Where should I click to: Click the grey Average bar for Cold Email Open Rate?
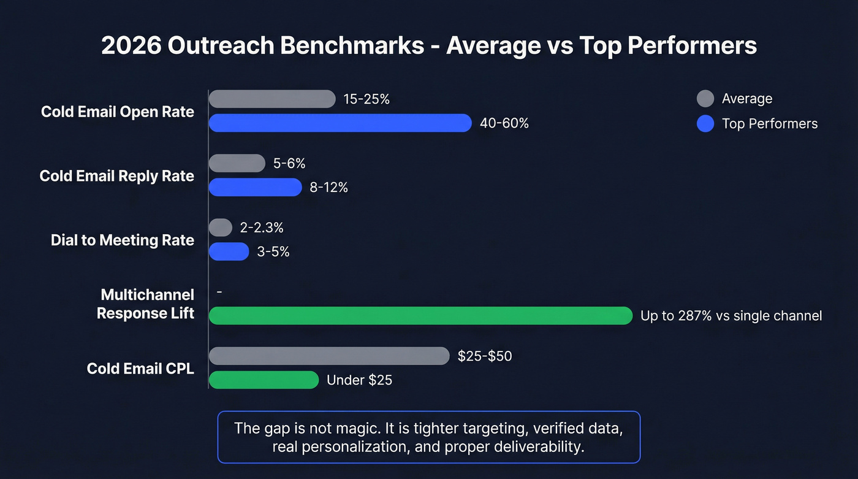(x=272, y=99)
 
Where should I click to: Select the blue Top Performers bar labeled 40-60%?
(x=340, y=123)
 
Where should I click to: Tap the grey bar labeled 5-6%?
(x=237, y=163)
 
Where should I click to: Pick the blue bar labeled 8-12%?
(x=255, y=187)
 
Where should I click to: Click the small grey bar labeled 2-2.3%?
(x=221, y=228)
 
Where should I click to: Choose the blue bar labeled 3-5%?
(x=229, y=251)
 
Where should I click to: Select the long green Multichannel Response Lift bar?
(x=420, y=315)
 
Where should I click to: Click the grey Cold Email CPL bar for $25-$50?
(x=329, y=356)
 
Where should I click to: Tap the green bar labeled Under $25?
(x=264, y=380)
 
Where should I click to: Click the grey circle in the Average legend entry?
(x=705, y=99)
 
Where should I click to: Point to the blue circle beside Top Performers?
(x=705, y=124)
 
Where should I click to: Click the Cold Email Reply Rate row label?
(x=116, y=176)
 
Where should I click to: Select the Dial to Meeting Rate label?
(x=122, y=240)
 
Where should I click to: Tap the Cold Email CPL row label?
(x=140, y=369)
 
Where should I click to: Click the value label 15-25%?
(x=366, y=99)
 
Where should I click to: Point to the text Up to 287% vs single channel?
(x=731, y=316)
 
